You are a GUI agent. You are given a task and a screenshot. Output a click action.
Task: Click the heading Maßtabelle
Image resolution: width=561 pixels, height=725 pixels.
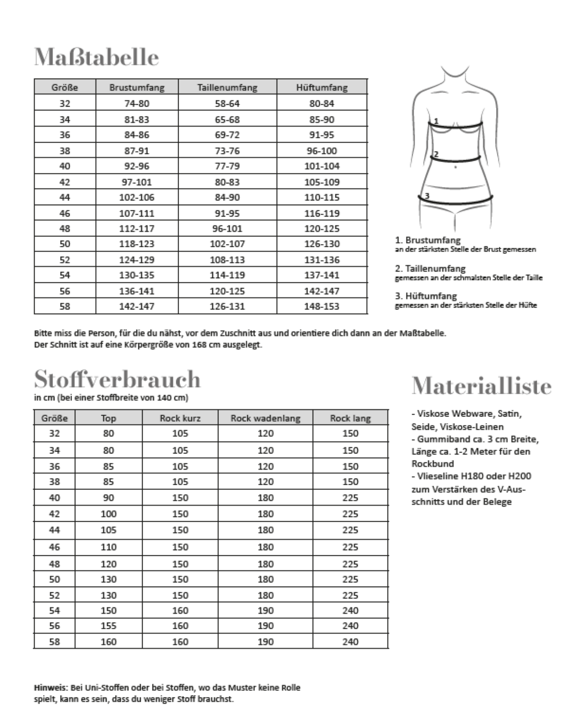96,58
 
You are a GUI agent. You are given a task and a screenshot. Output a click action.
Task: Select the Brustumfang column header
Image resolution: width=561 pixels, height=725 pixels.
137,87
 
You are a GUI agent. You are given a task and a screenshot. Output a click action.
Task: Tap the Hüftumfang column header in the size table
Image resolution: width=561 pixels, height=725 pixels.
322,87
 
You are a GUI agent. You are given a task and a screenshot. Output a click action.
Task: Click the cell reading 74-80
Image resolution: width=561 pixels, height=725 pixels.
137,104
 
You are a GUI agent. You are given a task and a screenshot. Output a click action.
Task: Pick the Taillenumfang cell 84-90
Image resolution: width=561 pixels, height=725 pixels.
227,197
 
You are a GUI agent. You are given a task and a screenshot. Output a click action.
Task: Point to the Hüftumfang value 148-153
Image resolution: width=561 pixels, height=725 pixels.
322,307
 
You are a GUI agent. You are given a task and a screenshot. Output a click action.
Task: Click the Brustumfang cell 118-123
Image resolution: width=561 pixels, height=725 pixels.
137,244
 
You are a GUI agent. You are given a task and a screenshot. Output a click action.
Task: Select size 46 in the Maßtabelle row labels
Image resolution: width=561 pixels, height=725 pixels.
65,213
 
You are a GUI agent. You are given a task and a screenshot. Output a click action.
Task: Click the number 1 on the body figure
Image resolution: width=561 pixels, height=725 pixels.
436,121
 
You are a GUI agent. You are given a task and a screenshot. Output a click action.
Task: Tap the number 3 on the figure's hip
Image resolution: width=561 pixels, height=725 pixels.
426,195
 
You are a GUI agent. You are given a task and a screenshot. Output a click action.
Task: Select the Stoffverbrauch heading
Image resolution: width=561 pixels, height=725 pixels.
117,379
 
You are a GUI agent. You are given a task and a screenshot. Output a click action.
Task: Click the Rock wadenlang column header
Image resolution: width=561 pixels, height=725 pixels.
265,418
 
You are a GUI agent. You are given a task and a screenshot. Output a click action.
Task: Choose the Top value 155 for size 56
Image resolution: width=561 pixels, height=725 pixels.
108,626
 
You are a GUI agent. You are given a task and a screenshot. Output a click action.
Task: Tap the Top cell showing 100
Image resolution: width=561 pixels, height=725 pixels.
108,514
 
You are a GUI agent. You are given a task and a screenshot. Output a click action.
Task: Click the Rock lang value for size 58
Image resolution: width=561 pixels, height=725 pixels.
350,642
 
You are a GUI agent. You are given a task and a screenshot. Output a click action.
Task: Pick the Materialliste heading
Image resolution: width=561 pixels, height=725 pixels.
482,386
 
